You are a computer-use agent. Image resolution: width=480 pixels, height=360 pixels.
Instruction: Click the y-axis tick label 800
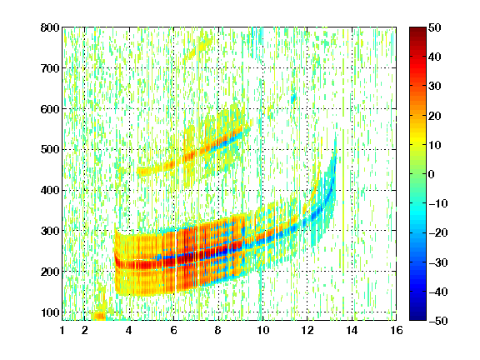(50, 27)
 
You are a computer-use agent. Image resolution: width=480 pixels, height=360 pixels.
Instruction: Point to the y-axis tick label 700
(50, 68)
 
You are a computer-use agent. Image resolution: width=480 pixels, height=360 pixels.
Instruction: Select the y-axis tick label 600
(50, 109)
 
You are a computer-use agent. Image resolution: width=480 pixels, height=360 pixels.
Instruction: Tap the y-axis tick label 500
(50, 150)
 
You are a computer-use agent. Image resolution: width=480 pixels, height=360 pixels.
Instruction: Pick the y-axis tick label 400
(50, 190)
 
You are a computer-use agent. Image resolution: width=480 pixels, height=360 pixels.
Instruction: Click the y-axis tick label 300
(50, 231)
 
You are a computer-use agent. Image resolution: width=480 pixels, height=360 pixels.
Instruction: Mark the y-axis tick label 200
(50, 272)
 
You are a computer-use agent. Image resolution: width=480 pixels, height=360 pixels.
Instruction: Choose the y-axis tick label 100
(50, 312)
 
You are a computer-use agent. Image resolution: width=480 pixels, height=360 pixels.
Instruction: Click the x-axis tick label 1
(62, 330)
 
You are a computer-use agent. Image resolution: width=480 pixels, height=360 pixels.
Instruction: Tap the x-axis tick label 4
(129, 330)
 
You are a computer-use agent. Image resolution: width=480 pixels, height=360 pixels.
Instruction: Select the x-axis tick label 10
(262, 330)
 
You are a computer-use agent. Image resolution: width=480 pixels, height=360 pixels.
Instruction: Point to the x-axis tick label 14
(352, 330)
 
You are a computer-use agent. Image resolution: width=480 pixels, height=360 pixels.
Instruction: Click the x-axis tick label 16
(397, 330)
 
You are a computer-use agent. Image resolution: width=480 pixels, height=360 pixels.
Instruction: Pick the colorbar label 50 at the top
(435, 27)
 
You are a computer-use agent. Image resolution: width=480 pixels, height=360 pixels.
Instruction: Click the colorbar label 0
(432, 174)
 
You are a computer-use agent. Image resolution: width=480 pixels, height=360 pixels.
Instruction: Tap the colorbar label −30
(438, 262)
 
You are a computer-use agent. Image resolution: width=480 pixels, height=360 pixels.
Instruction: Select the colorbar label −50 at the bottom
(438, 321)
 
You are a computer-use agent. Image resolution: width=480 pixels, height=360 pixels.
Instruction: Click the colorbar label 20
(435, 116)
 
